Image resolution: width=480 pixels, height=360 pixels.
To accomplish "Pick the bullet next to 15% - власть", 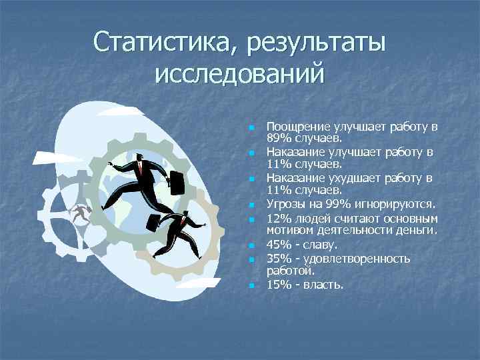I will click(251, 286).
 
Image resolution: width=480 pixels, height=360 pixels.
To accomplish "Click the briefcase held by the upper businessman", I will click(177, 181).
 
